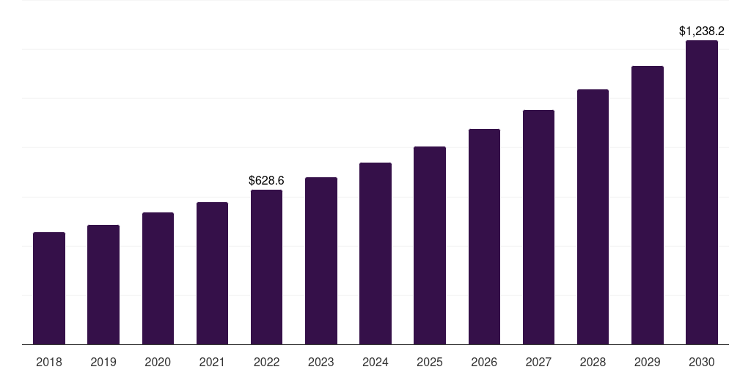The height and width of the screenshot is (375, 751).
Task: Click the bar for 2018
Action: click(x=49, y=289)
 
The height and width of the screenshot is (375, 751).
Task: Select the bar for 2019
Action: click(x=103, y=285)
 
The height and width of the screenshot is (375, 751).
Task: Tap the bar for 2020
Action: click(x=158, y=278)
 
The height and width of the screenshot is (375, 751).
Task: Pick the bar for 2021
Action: click(x=212, y=273)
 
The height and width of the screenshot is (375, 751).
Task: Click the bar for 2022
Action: click(x=266, y=267)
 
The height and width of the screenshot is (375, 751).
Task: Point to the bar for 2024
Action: click(x=375, y=253)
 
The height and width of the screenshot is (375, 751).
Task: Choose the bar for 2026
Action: click(x=484, y=237)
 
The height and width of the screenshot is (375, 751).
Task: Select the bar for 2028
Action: click(x=593, y=217)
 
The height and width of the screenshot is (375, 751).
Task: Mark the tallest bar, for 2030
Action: click(x=702, y=193)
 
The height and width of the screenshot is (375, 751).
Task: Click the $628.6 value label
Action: click(x=266, y=180)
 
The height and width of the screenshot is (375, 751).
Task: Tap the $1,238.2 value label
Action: click(x=702, y=31)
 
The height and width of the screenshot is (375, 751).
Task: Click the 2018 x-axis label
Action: click(x=49, y=362)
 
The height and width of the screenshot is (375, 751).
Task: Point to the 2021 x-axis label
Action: click(x=212, y=362)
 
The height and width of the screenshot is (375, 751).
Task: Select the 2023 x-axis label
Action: click(x=321, y=362)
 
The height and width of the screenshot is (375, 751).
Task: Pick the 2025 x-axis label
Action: click(x=430, y=362)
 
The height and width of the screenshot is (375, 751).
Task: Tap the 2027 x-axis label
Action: click(x=538, y=362)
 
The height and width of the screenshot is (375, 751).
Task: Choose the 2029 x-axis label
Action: click(x=648, y=362)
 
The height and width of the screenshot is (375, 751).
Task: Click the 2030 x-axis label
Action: click(x=702, y=362)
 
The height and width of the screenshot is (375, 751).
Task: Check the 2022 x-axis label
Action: click(x=266, y=362)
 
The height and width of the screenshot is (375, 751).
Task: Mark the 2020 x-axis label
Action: click(x=158, y=362)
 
